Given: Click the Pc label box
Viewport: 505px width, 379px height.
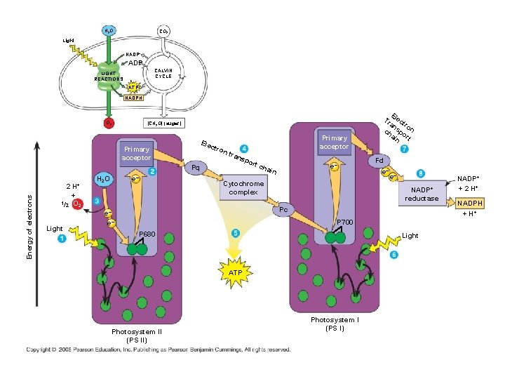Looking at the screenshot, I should pos(283,210).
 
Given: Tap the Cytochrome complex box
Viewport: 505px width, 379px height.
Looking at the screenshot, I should pos(243,187).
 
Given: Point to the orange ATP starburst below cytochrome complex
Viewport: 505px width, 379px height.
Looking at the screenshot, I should pos(236,271).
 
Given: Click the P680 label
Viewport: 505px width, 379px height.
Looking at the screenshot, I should pos(147,234).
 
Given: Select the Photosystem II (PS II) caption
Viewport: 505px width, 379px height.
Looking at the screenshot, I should pos(137,335).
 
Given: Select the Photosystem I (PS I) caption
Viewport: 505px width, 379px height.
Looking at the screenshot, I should pos(335,324).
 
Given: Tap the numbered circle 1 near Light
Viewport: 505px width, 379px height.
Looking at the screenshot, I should pos(62,239).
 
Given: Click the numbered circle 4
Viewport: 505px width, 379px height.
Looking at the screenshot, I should pos(243,149).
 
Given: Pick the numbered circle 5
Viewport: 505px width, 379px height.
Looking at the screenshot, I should pos(235,233).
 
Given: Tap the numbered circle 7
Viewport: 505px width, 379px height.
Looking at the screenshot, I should pos(404,150).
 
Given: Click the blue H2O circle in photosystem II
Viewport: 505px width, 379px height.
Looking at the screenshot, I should pos(104,180).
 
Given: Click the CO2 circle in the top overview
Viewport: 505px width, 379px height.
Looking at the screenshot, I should pos(163,31).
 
